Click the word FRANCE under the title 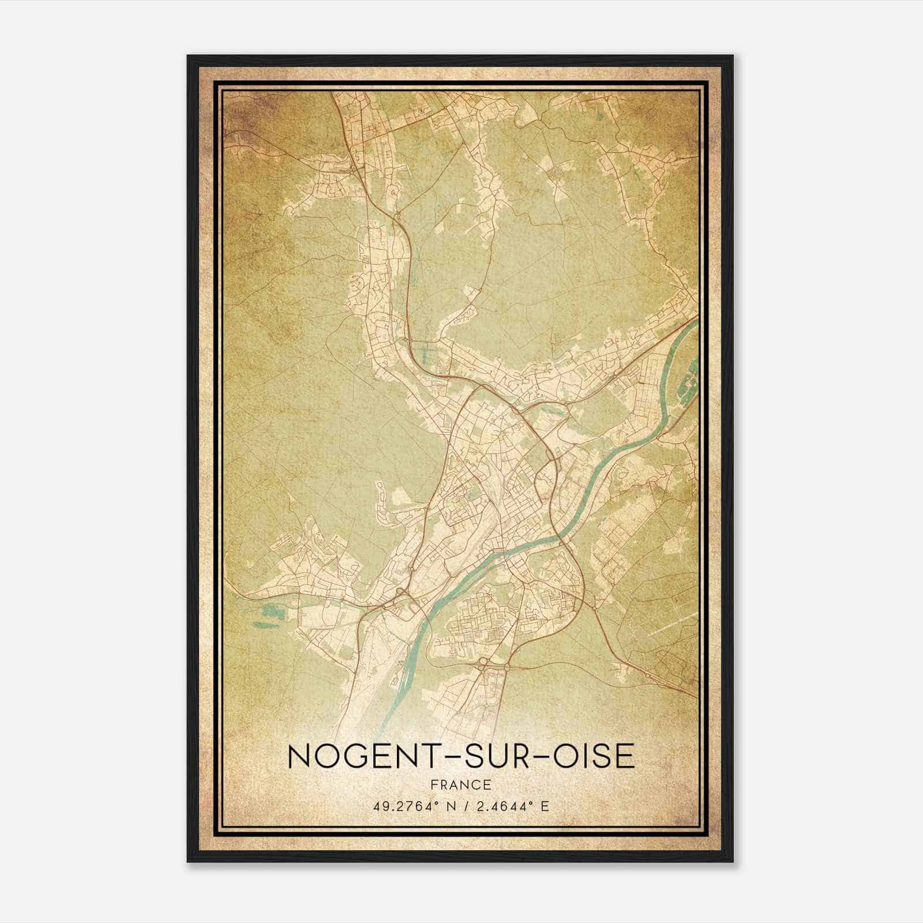(461, 785)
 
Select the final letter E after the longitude (545, 806)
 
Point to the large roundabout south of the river (483, 662)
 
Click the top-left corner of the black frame (189, 57)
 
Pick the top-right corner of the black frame (733, 57)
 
